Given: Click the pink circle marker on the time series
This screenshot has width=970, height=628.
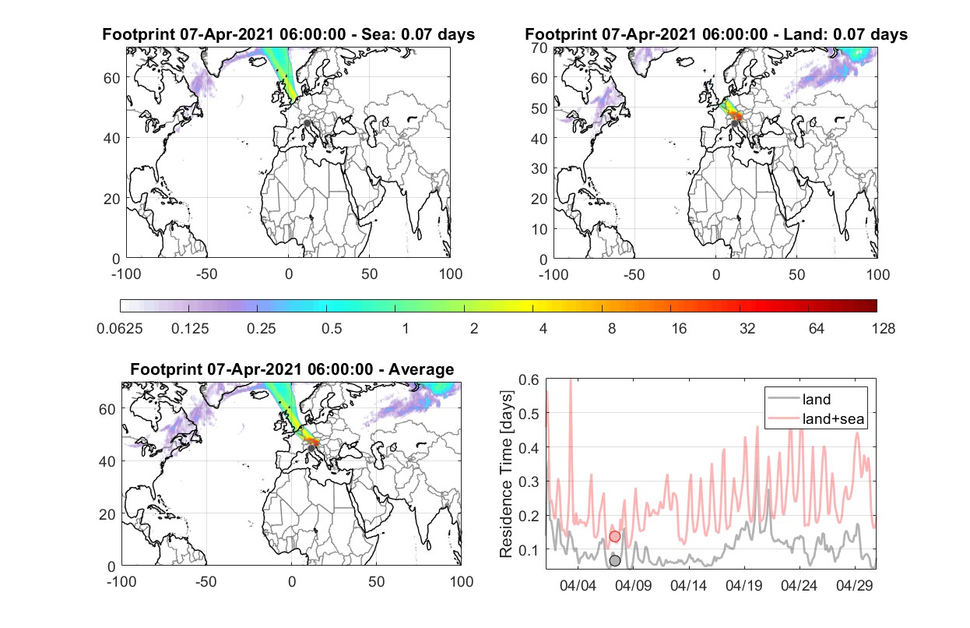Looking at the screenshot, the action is pyautogui.click(x=614, y=537).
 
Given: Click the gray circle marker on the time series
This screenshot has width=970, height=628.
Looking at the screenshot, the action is pyautogui.click(x=614, y=561).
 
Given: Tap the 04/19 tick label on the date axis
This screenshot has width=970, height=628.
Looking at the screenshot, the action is pyautogui.click(x=743, y=585).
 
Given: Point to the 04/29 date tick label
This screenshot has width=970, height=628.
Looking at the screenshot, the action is pyautogui.click(x=854, y=585).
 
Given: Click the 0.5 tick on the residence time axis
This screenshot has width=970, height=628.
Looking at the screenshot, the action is pyautogui.click(x=529, y=414).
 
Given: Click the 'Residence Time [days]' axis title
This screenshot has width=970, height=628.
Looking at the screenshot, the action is pyautogui.click(x=506, y=474).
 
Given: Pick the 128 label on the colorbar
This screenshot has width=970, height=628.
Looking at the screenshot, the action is pyautogui.click(x=883, y=329).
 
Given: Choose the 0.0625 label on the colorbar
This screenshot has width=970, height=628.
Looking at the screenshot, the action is pyautogui.click(x=120, y=329).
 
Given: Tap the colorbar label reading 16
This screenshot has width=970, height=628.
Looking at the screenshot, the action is pyautogui.click(x=679, y=329).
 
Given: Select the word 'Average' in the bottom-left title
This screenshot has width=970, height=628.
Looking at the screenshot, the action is pyautogui.click(x=421, y=369).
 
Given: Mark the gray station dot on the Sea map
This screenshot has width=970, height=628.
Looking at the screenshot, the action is pyautogui.click(x=307, y=123).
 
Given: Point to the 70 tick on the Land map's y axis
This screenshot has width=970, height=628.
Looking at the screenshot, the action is pyautogui.click(x=539, y=48).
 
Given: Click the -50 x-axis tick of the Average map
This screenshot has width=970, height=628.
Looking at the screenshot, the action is pyautogui.click(x=206, y=581).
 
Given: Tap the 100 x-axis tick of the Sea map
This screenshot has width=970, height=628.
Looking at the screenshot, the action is pyautogui.click(x=451, y=274).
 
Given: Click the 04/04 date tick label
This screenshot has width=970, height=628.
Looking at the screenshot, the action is pyautogui.click(x=578, y=585).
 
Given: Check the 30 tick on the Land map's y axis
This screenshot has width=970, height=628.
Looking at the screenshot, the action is pyautogui.click(x=539, y=168).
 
